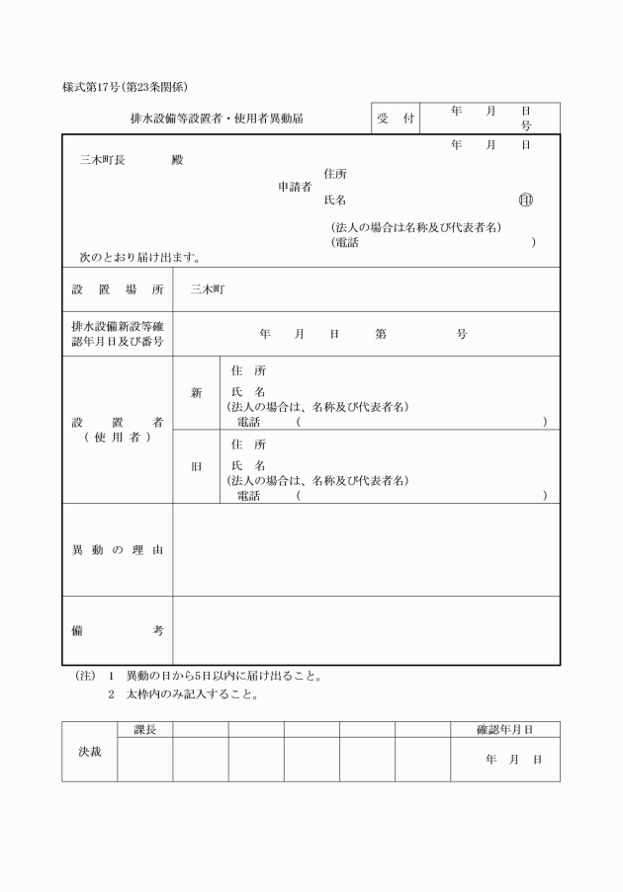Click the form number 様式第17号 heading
[125, 87]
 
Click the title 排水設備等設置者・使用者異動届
[217, 119]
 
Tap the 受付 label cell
[396, 119]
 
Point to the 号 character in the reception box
[526, 126]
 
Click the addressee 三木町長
[102, 159]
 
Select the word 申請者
[295, 186]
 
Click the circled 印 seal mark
[525, 201]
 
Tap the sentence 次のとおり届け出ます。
[140, 257]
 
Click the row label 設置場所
[118, 290]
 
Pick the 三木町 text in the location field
[208, 290]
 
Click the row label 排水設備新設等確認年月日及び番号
[118, 334]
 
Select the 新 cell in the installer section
[196, 393]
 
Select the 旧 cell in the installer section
[196, 466]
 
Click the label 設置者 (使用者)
[118, 430]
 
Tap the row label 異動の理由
[118, 549]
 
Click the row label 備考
[118, 630]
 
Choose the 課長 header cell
[145, 729]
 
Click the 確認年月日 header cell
[504, 729]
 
